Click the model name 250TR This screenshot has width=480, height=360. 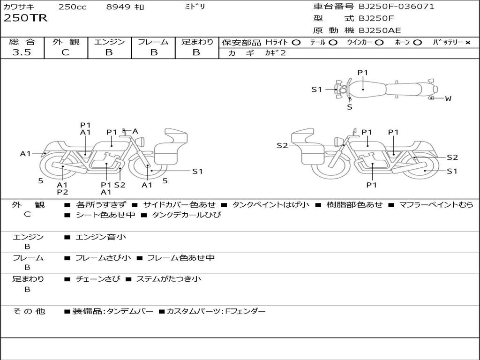(25, 19)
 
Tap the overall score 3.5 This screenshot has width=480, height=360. (22, 52)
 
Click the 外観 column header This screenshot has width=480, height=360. (66, 42)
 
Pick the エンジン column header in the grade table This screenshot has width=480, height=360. (109, 42)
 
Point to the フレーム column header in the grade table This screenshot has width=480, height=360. (153, 42)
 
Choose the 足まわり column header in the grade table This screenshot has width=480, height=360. (197, 42)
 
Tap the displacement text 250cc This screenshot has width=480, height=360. (72, 7)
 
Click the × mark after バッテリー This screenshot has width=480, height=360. (467, 43)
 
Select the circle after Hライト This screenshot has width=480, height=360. (296, 43)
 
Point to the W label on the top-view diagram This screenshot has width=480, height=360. (448, 98)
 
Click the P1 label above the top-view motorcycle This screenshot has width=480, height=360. (363, 73)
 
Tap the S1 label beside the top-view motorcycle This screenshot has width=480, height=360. (317, 90)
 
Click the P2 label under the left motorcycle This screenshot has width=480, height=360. (62, 192)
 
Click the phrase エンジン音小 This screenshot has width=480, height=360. (100, 237)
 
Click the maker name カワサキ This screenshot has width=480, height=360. (19, 7)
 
